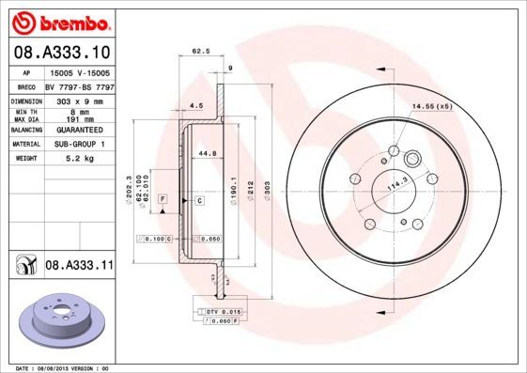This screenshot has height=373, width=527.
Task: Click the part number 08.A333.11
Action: (x=79, y=267)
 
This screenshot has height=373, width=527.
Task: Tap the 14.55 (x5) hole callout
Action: (x=431, y=106)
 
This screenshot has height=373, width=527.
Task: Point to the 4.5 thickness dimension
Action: (x=197, y=105)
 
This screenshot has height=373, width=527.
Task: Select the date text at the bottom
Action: (x=64, y=368)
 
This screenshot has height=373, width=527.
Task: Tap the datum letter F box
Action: (x=162, y=201)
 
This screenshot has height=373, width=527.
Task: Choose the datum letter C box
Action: (x=200, y=201)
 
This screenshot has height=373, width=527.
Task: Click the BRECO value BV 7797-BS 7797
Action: (x=79, y=85)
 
